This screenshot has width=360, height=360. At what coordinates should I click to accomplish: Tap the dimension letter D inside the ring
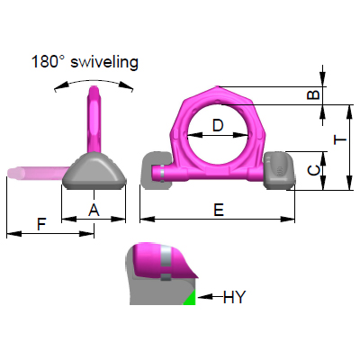point(218,126)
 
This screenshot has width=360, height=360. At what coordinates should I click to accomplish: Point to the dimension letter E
point(218,209)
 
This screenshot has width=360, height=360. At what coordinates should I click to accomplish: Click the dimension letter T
point(338,140)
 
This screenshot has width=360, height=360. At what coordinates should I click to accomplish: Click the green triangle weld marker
point(190,298)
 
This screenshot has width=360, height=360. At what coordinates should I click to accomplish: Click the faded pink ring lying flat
point(36,171)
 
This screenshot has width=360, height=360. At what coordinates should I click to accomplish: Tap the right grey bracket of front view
point(279,169)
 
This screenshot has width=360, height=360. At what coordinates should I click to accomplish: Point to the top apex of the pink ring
point(219,86)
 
